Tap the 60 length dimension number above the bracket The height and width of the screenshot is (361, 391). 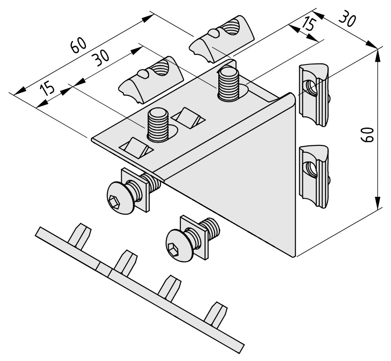(x=79, y=45)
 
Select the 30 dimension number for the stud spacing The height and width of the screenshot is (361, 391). (x=101, y=58)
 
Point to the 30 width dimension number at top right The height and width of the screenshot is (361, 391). (x=347, y=18)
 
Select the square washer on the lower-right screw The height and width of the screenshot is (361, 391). (x=194, y=238)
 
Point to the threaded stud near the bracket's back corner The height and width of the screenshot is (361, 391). (x=229, y=84)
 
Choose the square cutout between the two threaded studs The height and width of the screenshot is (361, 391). (x=189, y=118)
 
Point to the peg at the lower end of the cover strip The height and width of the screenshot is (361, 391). (x=216, y=314)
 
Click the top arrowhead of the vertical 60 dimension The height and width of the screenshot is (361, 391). (x=378, y=56)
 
